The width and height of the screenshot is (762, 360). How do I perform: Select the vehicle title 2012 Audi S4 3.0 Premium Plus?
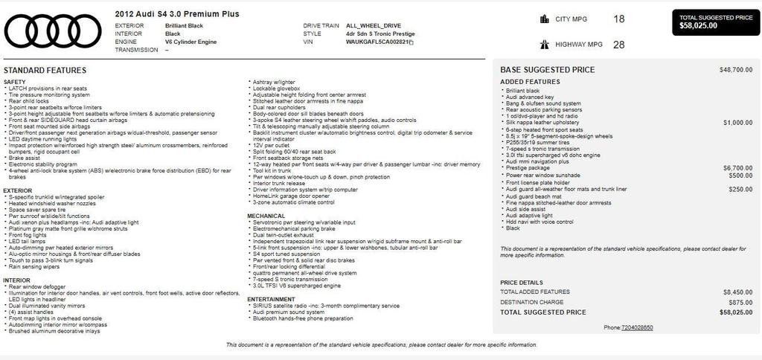177,14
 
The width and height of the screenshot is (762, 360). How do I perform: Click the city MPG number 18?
618,19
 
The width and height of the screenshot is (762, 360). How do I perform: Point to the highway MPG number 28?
618,45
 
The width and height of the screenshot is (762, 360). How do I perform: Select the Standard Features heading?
45,71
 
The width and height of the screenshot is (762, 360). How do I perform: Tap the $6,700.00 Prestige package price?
737,168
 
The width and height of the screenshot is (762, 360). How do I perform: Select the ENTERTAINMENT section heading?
271,299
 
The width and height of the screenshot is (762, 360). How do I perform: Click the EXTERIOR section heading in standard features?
17,190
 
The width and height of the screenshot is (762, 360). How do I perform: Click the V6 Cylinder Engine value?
190,42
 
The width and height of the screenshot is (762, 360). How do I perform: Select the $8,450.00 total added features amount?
737,292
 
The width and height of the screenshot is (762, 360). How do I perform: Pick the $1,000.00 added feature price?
737,123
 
